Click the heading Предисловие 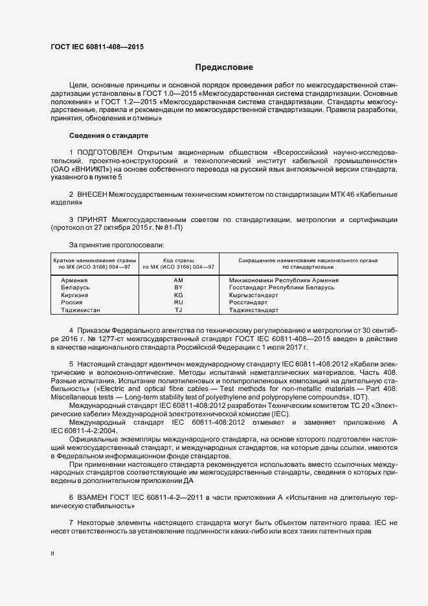click(x=224, y=67)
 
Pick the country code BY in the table click(x=179, y=287)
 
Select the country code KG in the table click(x=179, y=295)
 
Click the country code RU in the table click(x=179, y=302)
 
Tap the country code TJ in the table click(x=179, y=310)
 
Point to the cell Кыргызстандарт click(x=253, y=295)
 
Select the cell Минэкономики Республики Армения click(x=284, y=280)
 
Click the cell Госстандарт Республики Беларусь click(x=281, y=287)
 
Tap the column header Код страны click(x=179, y=260)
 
